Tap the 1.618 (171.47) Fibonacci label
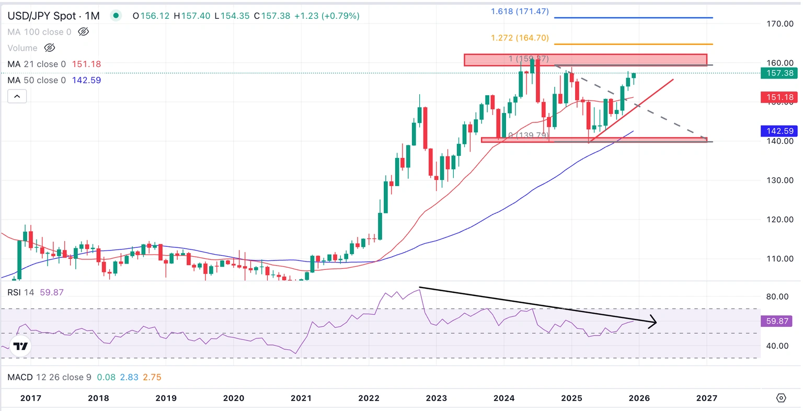pyautogui.click(x=520, y=12)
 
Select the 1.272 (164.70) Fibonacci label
pyautogui.click(x=520, y=38)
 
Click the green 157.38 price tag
pyautogui.click(x=780, y=73)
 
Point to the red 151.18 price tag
pyautogui.click(x=780, y=97)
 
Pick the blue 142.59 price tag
pyautogui.click(x=780, y=131)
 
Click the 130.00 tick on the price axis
pyautogui.click(x=780, y=180)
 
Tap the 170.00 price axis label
pyautogui.click(x=780, y=24)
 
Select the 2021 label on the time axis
pyautogui.click(x=301, y=398)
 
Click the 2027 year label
pyautogui.click(x=707, y=398)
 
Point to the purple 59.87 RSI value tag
pyautogui.click(x=777, y=321)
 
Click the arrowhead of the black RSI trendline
pyautogui.click(x=653, y=322)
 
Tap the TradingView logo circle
pyautogui.click(x=20, y=346)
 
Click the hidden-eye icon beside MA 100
pyautogui.click(x=83, y=32)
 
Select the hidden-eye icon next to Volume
pyautogui.click(x=50, y=48)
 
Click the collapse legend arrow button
pyautogui.click(x=17, y=96)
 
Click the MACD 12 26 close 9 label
pyautogui.click(x=49, y=377)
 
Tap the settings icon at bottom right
pyautogui.click(x=781, y=398)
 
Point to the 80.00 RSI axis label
pyautogui.click(x=777, y=296)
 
